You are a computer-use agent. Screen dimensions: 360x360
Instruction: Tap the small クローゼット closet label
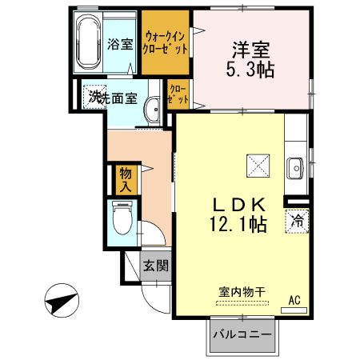click(x=177, y=95)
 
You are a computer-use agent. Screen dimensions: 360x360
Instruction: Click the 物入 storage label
click(x=126, y=180)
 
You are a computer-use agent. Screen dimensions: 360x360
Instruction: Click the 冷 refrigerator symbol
click(x=297, y=219)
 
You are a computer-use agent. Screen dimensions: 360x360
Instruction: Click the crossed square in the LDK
click(x=258, y=166)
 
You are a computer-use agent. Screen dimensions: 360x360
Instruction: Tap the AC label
click(x=294, y=300)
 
